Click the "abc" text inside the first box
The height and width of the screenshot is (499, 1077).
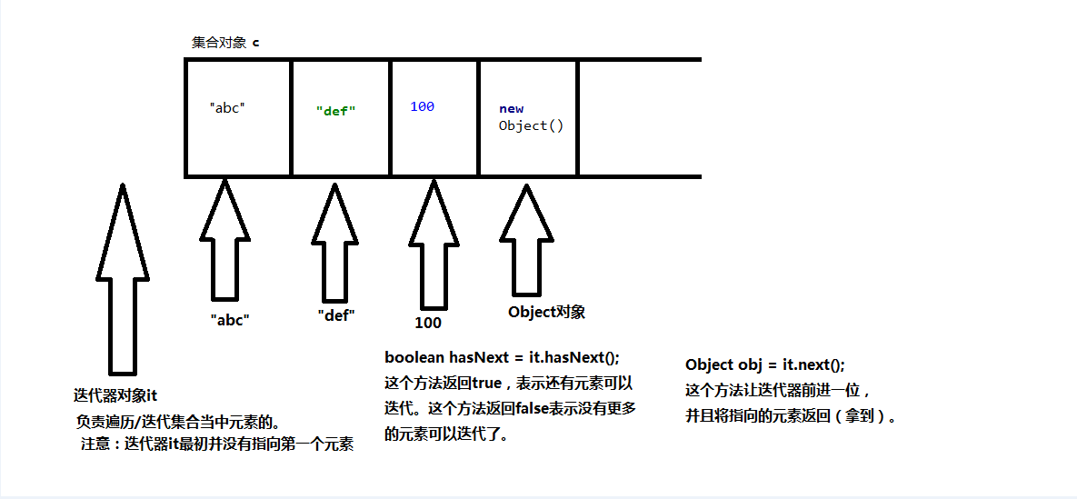coord(227,107)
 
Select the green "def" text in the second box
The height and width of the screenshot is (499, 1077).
coord(335,111)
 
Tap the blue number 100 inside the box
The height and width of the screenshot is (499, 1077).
coord(422,106)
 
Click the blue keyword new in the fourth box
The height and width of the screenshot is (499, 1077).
coord(511,109)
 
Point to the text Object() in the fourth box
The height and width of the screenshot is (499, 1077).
coord(531,125)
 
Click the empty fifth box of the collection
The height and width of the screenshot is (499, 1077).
coord(639,118)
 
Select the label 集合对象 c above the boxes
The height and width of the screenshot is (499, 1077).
coord(224,43)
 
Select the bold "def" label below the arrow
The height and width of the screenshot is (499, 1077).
coord(335,315)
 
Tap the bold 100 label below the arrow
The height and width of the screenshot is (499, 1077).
coord(427,323)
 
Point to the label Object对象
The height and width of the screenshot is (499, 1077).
coord(546,312)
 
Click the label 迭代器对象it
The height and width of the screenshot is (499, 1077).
coord(115,395)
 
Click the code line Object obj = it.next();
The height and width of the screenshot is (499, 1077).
coord(764,364)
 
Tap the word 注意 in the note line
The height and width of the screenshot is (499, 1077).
coord(95,444)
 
